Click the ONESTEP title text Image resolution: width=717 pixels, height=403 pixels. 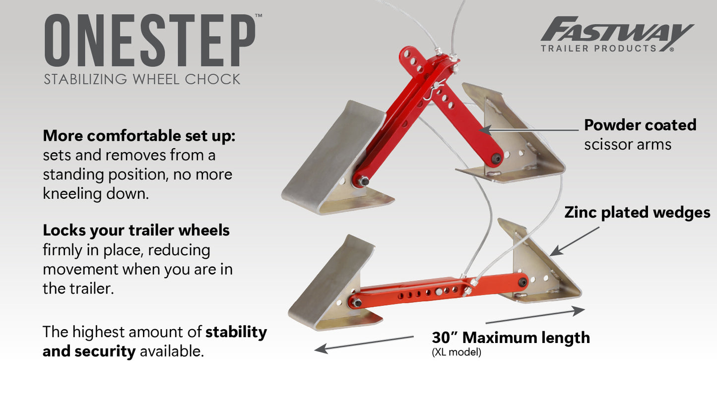coord(150,41)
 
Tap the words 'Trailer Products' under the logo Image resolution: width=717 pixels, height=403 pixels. coord(598,49)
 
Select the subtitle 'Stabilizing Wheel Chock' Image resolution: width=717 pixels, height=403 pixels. coord(142,79)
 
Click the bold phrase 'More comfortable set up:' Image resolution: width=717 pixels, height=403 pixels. coord(139,136)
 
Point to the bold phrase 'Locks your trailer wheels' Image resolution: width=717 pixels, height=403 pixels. coord(136,230)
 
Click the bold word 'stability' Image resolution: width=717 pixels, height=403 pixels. coord(236,332)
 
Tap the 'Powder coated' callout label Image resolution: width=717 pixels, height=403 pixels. coord(640,125)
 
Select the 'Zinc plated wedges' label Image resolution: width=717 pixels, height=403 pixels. coord(637,213)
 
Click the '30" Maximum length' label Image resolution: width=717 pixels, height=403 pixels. coord(511,338)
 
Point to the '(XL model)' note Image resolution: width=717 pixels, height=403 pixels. coord(456,353)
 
